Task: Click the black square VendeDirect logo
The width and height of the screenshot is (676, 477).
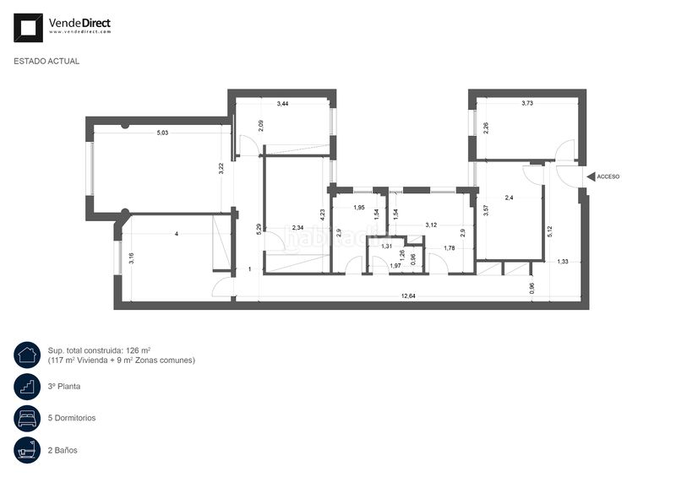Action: click(28, 28)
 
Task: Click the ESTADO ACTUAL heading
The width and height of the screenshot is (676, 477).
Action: click(46, 61)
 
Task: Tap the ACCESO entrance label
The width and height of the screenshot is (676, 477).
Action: click(608, 176)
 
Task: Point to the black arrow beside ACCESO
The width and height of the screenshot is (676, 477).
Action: click(591, 176)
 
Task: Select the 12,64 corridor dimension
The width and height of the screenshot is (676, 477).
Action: click(408, 296)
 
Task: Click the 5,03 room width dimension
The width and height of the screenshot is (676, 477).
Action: click(162, 133)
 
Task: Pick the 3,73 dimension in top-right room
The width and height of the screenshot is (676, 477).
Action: click(527, 103)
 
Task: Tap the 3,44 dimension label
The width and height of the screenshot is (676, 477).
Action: click(282, 103)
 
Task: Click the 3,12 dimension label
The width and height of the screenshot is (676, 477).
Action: click(431, 225)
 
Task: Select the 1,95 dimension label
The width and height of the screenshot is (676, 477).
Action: click(359, 207)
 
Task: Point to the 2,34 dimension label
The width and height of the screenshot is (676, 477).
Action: click(297, 227)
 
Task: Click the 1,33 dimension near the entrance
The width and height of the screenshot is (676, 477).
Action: click(563, 261)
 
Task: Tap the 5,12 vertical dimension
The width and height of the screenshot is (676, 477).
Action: click(549, 232)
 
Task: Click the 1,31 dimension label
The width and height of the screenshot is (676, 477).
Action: click(387, 246)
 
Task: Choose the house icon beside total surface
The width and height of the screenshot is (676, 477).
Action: click(27, 355)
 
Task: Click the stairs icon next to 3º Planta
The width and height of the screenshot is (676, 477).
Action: click(27, 387)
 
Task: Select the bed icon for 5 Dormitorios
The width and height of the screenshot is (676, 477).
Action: click(27, 418)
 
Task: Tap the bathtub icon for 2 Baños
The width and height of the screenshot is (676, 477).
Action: click(27, 450)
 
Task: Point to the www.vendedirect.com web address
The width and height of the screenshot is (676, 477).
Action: click(79, 32)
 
